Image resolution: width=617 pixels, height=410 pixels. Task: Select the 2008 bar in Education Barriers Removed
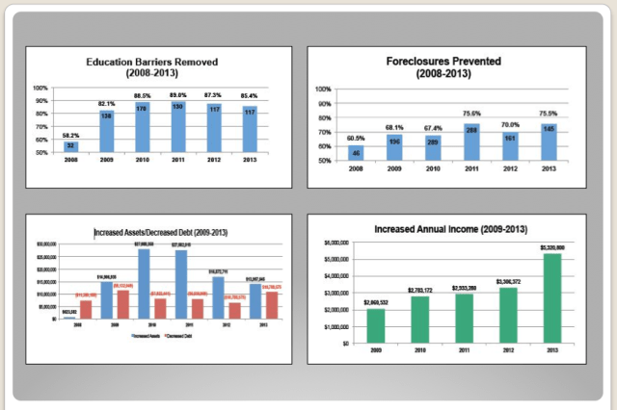[x=70, y=147]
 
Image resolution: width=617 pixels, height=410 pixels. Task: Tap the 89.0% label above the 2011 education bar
[x=177, y=95]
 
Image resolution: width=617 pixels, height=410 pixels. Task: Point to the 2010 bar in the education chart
[x=142, y=128]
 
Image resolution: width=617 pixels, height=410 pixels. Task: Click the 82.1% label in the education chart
[x=106, y=103]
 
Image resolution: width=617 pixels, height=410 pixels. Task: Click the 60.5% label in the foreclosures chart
[x=357, y=139]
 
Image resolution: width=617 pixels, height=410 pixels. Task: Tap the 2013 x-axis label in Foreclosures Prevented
[x=549, y=168]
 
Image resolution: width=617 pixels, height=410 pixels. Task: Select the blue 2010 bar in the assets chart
[x=143, y=284]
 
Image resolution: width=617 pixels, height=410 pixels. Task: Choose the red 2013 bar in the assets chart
[x=272, y=305]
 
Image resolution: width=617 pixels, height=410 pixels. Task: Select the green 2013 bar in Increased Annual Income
[x=552, y=298]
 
